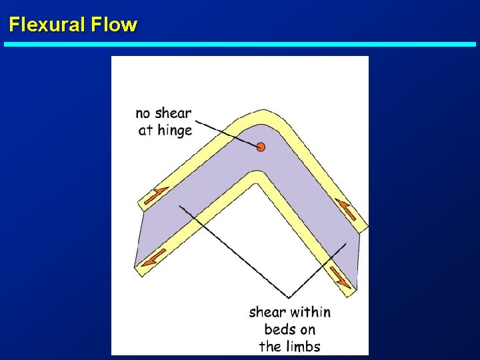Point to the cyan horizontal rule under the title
240,45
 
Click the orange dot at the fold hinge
261,147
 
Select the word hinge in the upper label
175,131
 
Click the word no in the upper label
143,113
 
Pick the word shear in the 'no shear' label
173,113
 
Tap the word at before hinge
146,131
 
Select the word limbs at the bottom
303,346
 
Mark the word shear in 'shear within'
267,312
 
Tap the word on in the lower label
307,329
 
